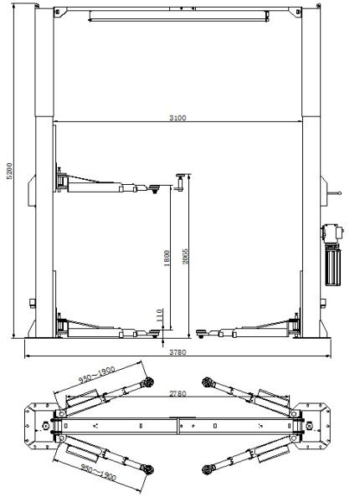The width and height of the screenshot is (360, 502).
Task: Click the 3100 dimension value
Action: [x=177, y=117]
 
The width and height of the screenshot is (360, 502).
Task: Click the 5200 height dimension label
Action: [x=9, y=171]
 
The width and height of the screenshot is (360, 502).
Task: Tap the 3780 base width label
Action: [x=177, y=352]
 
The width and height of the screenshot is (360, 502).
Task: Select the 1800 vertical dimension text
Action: [x=167, y=258]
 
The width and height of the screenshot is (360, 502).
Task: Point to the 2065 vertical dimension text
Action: [x=185, y=256]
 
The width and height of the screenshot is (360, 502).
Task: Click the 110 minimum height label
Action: [x=159, y=315]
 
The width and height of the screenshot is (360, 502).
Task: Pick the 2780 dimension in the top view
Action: [x=177, y=393]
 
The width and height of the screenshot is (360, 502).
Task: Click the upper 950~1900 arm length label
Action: [x=97, y=375]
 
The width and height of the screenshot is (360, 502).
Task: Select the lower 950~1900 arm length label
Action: [x=98, y=472]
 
